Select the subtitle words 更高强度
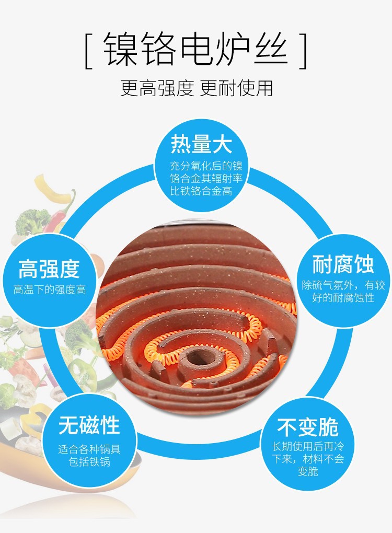154,87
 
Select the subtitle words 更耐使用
237,87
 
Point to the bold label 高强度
49,269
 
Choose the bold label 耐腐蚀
343,264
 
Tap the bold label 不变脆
308,427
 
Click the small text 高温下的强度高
50,289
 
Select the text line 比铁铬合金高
201,191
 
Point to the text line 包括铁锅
89,462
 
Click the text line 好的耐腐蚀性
343,298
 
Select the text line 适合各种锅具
89,449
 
